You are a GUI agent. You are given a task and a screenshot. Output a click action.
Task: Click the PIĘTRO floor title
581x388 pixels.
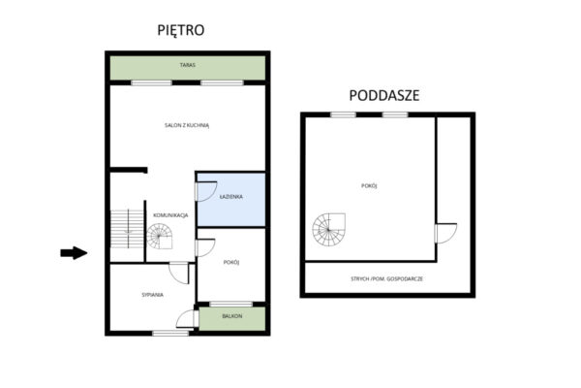181,30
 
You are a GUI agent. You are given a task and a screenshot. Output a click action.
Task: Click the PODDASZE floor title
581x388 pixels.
384,95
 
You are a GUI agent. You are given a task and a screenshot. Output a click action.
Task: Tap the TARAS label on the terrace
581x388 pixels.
188,65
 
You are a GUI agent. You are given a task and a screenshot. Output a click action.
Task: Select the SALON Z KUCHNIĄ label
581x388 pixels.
187,125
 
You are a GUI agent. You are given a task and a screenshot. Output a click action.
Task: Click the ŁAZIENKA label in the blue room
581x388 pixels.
230,196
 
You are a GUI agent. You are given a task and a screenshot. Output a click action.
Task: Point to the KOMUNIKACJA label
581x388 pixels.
170,215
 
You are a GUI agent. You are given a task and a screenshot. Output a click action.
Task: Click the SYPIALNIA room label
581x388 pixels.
152,295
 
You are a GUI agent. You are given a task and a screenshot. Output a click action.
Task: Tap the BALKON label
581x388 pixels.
232,316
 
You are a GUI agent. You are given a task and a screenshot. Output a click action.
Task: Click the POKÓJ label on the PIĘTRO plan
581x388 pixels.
231,262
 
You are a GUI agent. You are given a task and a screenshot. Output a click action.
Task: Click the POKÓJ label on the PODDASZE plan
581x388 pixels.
369,185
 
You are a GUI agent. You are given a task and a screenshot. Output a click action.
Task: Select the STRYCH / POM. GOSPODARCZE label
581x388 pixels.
386,278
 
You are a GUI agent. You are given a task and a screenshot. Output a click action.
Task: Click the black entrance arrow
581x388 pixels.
74,253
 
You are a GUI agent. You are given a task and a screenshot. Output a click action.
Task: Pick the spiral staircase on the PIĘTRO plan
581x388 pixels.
160,236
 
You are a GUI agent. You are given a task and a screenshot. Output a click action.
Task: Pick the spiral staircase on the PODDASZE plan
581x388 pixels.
328,230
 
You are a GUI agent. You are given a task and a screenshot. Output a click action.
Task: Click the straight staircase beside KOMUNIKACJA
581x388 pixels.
127,229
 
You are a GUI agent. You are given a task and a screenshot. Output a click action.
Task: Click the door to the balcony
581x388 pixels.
185,319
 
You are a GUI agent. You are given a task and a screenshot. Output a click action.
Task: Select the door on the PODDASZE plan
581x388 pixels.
445,233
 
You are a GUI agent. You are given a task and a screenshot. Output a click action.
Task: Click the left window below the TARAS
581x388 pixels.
151,82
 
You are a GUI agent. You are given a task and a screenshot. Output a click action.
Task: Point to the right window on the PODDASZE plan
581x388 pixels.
395,114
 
